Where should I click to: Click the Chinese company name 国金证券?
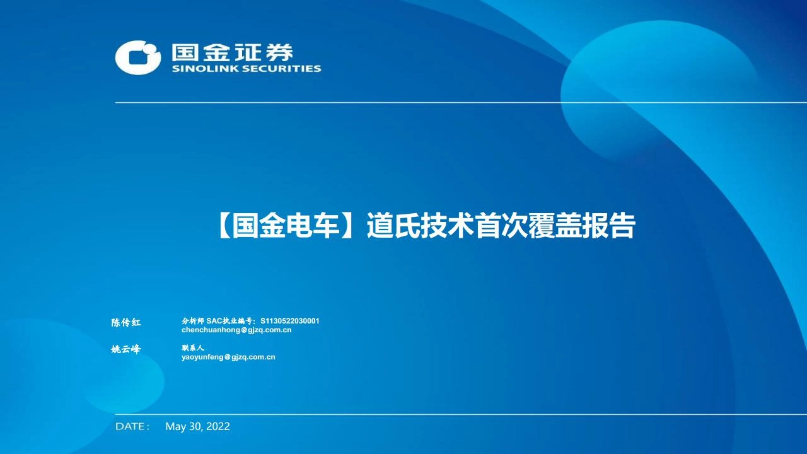tap(233, 52)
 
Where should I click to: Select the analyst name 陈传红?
tap(125, 323)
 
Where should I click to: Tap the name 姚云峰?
tap(125, 349)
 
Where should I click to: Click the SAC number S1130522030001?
tap(290, 321)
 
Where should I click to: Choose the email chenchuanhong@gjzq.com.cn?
tap(236, 330)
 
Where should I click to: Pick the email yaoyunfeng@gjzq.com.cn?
tap(228, 357)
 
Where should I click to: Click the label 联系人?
tap(193, 347)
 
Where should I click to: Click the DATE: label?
tap(132, 427)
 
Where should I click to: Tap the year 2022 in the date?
tap(218, 427)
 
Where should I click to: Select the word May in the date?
tap(175, 427)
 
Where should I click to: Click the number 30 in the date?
tap(195, 427)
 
